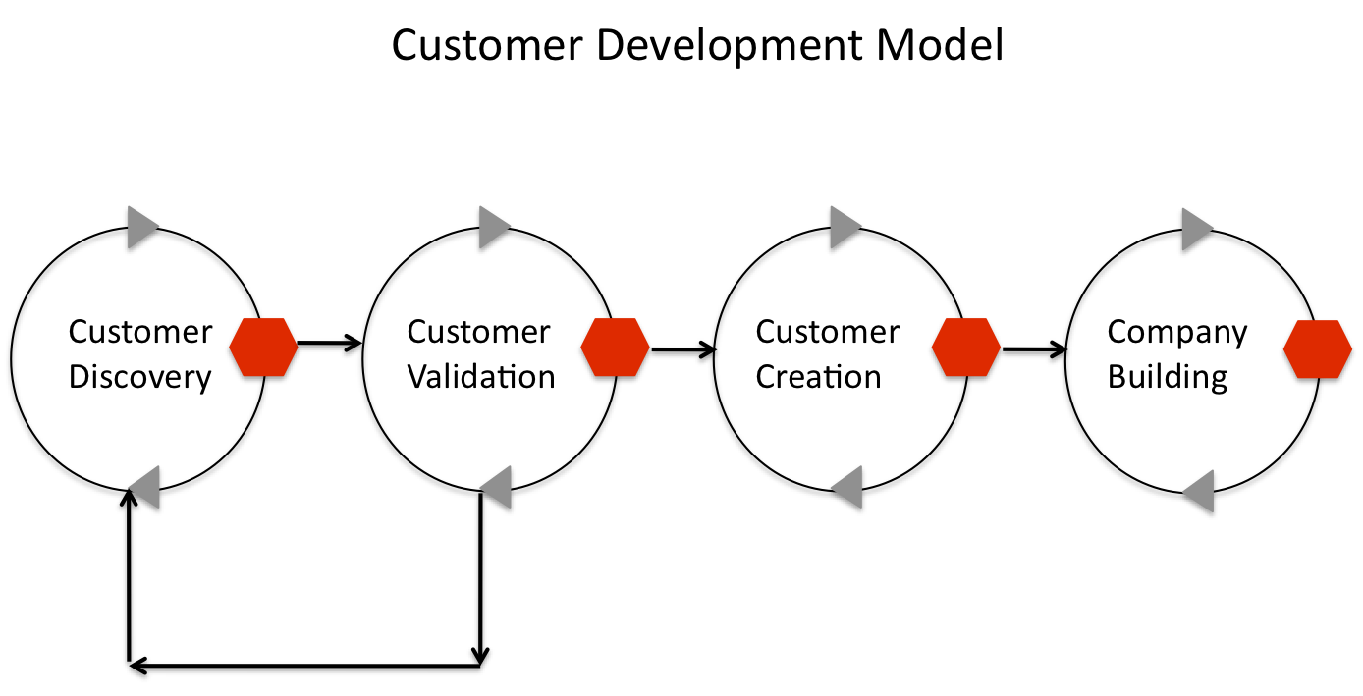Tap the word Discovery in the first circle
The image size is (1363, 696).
tap(139, 377)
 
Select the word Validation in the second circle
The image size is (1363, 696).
tap(481, 377)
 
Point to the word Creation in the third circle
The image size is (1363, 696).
tap(818, 377)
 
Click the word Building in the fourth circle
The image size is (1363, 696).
tap(1168, 377)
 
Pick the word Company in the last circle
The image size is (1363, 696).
tap(1176, 332)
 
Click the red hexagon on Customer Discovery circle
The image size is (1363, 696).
tap(263, 348)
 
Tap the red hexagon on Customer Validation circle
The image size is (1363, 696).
tap(615, 348)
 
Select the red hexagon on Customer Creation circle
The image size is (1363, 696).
tap(966, 348)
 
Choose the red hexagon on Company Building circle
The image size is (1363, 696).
tap(1318, 348)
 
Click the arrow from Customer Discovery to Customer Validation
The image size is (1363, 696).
tap(329, 344)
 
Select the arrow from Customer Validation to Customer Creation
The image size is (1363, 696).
tap(682, 348)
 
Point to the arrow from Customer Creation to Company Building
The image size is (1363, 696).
tap(1034, 348)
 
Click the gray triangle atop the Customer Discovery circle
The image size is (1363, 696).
tap(141, 228)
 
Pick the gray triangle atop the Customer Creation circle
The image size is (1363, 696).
tap(845, 228)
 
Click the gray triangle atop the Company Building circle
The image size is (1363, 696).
tap(1196, 228)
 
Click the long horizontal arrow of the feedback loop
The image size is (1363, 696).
tap(305, 667)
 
